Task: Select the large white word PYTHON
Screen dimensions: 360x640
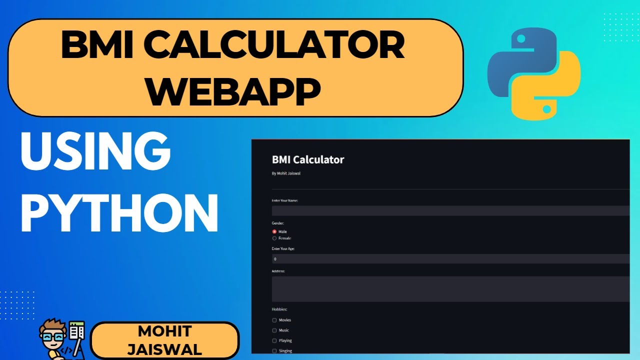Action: coord(119,214)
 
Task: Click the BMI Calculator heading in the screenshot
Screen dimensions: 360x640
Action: coord(308,160)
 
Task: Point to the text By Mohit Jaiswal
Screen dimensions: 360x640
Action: coord(286,173)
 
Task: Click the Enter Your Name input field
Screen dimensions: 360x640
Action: coord(450,211)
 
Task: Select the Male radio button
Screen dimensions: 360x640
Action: coord(274,231)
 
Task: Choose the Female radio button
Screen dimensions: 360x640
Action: coord(274,238)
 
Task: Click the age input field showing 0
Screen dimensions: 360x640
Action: coord(450,259)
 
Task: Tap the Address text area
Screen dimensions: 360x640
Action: coord(450,289)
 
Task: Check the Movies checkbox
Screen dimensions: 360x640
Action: coord(274,320)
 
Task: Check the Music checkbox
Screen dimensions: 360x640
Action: coord(274,330)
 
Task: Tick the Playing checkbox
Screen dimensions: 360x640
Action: coord(274,340)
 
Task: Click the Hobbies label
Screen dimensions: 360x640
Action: coord(279,309)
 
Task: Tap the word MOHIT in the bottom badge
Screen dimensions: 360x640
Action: coord(164,331)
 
